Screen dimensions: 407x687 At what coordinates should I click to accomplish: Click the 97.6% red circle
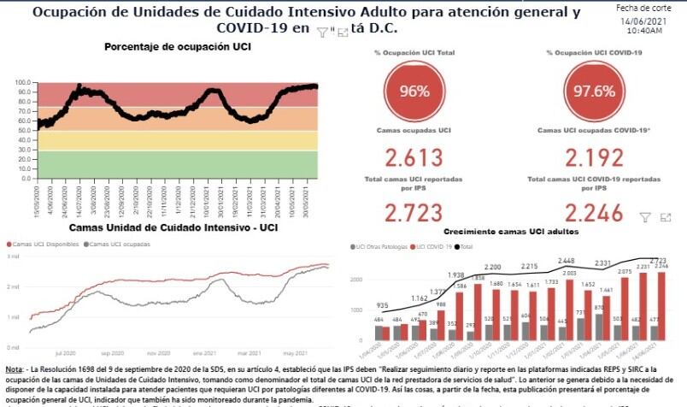595,91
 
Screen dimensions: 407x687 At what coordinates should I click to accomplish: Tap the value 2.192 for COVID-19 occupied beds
595,158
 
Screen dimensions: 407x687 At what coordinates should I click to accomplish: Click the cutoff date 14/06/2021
644,19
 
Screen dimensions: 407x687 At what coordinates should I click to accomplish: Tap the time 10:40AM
644,30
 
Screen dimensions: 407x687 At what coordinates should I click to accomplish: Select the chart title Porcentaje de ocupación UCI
178,46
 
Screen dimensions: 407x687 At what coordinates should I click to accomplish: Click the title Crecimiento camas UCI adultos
510,232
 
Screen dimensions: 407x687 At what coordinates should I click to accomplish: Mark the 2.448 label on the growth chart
565,261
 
